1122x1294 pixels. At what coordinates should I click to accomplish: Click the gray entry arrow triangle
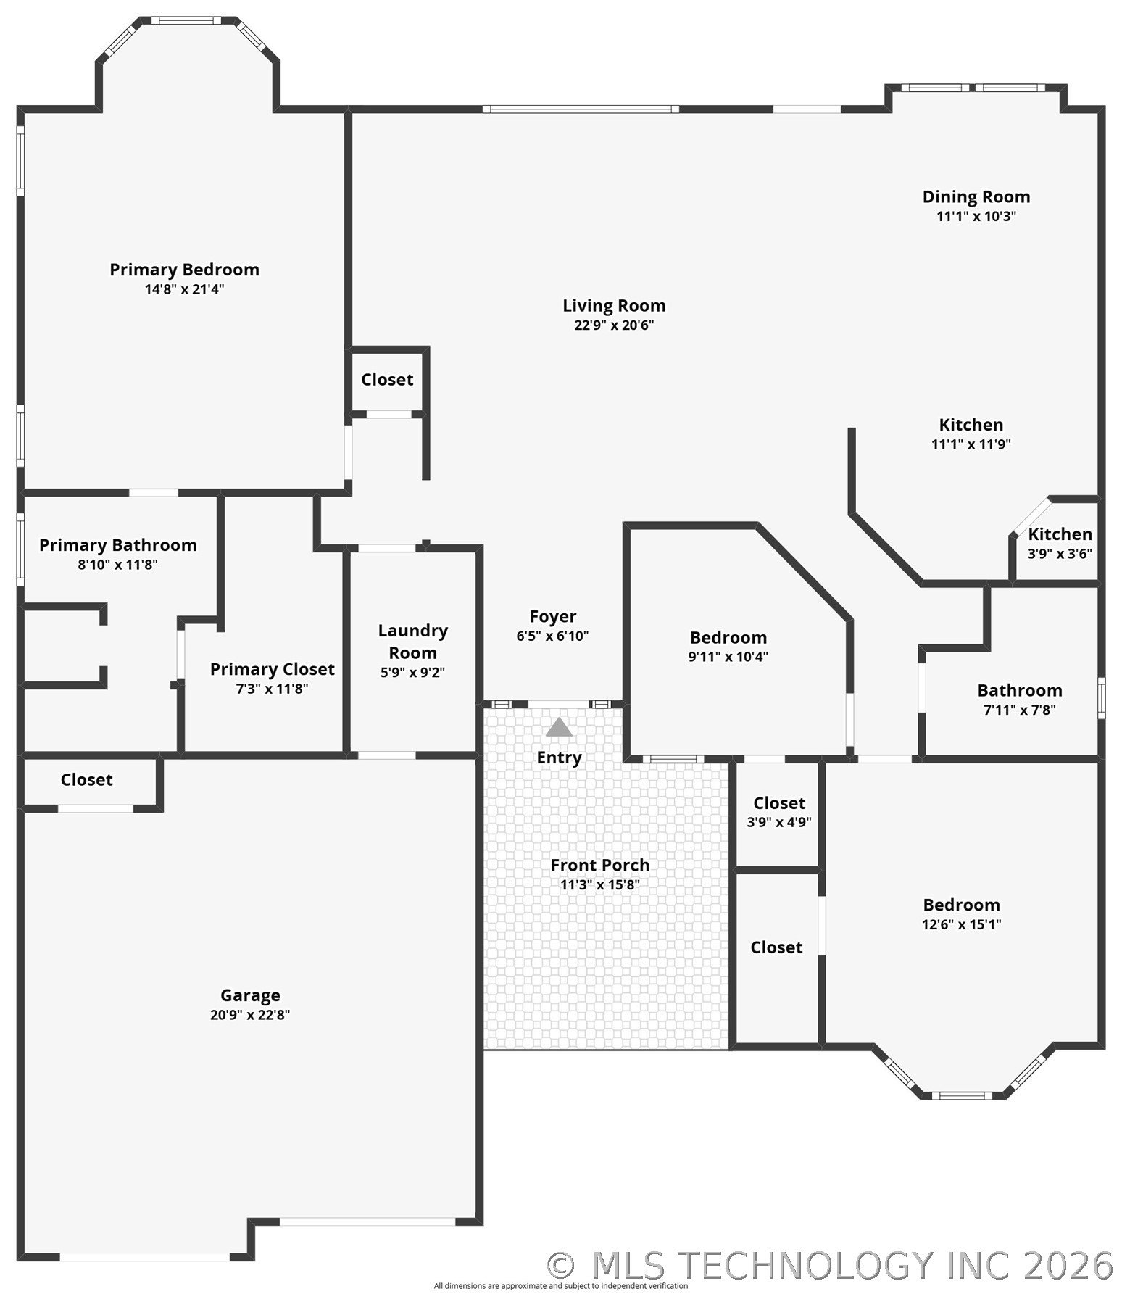(559, 726)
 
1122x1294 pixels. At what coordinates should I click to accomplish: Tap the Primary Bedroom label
(184, 270)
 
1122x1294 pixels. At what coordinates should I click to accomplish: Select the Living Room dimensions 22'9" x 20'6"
(614, 325)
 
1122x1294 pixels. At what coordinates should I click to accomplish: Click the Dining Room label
(976, 196)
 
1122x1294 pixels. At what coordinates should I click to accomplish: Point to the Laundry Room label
(412, 642)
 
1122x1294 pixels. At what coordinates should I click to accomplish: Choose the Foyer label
(553, 616)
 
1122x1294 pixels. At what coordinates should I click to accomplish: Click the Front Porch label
(599, 865)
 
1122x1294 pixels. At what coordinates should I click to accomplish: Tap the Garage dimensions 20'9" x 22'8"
(250, 1014)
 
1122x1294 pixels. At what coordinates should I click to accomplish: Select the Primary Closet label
(273, 669)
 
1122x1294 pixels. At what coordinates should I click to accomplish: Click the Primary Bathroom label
(118, 545)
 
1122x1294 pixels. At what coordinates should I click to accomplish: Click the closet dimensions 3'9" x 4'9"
(779, 822)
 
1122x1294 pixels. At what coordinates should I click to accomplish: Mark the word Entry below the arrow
(559, 758)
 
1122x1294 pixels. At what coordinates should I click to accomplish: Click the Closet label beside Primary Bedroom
(387, 380)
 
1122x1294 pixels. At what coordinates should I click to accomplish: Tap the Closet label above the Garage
(86, 780)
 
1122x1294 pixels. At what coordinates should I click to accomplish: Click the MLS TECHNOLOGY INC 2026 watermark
(830, 1265)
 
